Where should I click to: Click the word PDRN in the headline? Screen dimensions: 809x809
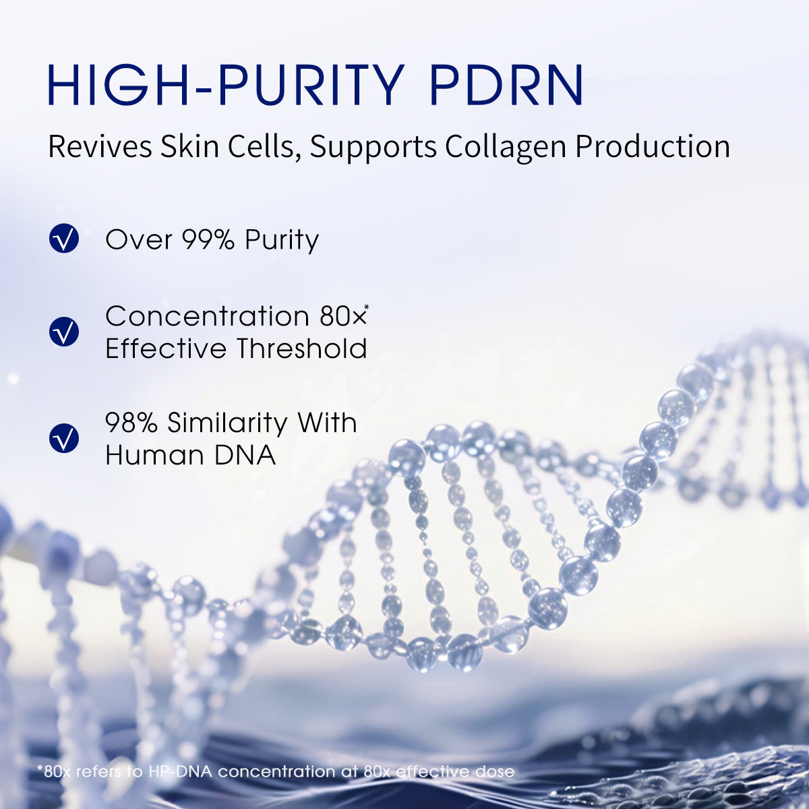point(506,84)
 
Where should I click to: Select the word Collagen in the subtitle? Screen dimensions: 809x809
point(506,148)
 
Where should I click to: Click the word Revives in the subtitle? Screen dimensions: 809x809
point(100,146)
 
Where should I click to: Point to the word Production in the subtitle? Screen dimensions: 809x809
point(653,148)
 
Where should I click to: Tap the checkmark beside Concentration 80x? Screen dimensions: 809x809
point(64,331)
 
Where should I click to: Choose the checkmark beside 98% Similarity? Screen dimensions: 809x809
point(64,438)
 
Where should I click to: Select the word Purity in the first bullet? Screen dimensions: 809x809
point(282,241)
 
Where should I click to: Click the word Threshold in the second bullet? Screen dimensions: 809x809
point(301,349)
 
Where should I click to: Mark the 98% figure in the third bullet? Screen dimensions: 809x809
point(131,423)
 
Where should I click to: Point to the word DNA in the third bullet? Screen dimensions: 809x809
point(245,456)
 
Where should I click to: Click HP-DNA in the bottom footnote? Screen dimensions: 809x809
point(180,771)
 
